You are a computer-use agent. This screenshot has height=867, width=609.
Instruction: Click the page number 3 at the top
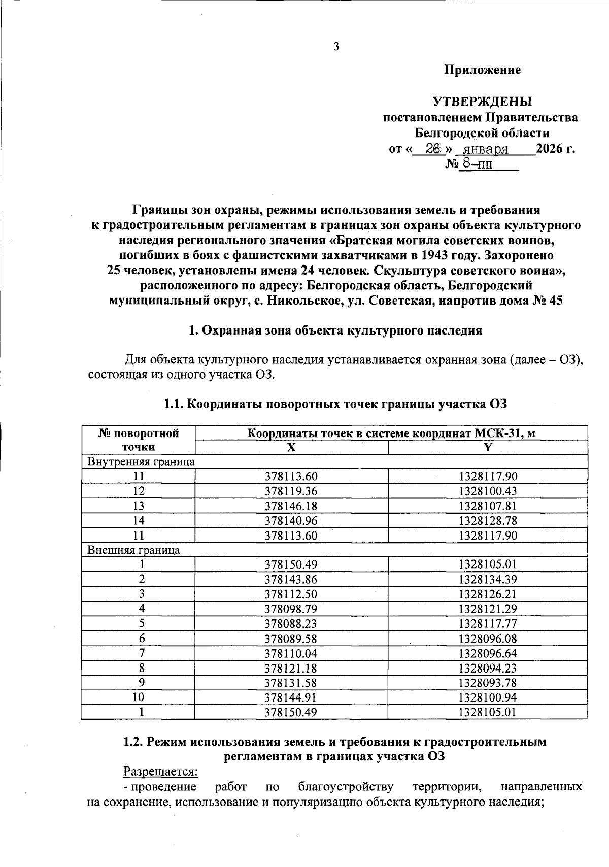coord(335,47)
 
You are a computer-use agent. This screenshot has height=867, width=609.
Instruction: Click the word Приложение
coord(482,70)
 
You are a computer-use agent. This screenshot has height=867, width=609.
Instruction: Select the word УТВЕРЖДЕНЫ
coord(482,102)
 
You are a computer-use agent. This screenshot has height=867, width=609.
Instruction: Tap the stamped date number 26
coord(432,149)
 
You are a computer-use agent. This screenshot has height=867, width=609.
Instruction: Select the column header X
coord(291,447)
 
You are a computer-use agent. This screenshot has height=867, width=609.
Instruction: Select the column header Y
coord(487,447)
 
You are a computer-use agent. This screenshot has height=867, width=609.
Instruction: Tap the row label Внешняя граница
coord(134,550)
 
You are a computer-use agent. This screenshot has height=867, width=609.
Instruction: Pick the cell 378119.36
coord(291,491)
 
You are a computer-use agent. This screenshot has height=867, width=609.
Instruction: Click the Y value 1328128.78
coord(487,521)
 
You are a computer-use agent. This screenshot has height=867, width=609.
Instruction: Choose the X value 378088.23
coord(291,624)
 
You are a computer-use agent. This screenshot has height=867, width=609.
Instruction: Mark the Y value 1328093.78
coord(487,683)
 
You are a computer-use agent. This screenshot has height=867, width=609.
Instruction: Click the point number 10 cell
coord(139,697)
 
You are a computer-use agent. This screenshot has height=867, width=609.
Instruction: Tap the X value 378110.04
coord(291,653)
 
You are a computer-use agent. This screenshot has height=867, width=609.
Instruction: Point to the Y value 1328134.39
coord(487,579)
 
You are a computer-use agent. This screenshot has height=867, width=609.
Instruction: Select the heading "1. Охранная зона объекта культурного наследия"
coord(335,331)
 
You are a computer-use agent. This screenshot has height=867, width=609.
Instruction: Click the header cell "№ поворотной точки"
coord(139,440)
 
